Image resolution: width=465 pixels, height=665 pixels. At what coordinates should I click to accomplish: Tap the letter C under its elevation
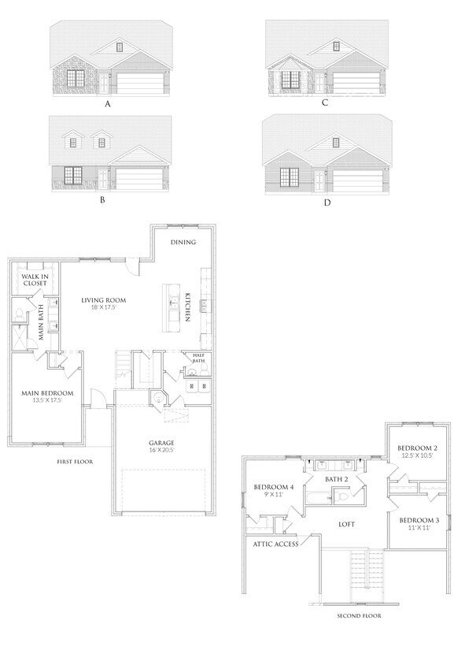[324, 102]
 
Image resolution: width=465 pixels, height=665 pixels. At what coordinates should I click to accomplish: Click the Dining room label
[183, 243]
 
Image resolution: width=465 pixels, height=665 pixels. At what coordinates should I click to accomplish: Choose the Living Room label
[104, 300]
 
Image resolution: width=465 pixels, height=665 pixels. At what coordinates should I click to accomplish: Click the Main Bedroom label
[47, 393]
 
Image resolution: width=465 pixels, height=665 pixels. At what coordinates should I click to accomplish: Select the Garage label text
[161, 443]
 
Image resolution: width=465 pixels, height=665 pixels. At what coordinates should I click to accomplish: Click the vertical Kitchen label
[189, 307]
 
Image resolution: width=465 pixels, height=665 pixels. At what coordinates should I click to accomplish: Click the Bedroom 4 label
[273, 487]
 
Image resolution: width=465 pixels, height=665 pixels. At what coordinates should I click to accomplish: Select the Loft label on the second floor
[346, 524]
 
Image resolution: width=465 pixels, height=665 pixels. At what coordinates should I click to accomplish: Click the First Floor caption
[75, 462]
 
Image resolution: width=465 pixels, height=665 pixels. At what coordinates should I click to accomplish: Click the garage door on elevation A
[142, 83]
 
